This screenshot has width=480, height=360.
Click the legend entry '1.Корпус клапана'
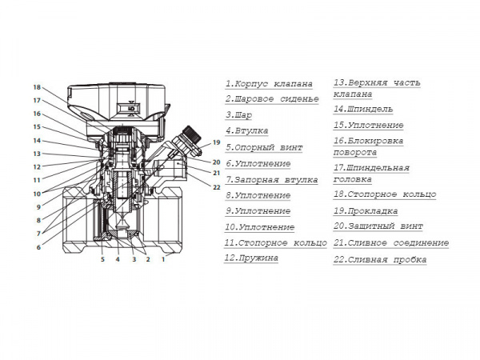[268, 83]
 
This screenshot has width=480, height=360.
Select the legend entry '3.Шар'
[240, 115]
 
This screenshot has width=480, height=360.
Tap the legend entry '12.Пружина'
[251, 258]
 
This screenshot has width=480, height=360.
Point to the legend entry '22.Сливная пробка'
[379, 259]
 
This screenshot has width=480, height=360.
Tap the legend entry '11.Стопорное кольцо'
[275, 242]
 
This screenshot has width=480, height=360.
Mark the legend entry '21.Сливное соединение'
[390, 242]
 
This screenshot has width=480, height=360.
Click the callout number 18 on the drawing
[37, 87]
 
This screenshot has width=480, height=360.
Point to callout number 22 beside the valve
[217, 187]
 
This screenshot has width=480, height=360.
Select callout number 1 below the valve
[163, 259]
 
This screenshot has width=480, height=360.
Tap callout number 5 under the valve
[102, 259]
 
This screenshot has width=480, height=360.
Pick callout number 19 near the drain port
[216, 142]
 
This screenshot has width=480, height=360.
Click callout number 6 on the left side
[37, 247]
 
